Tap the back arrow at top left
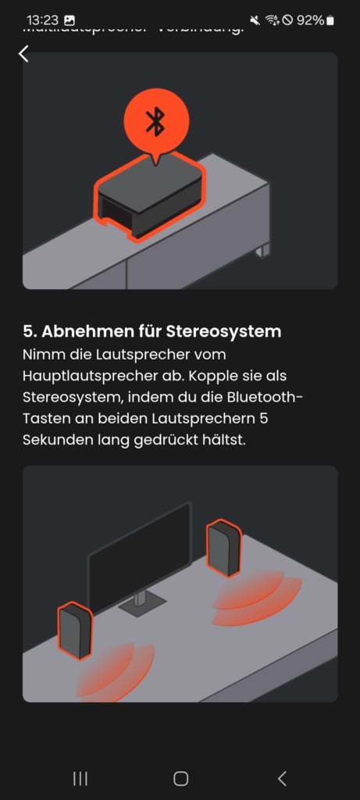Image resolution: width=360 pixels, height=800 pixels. (23, 53)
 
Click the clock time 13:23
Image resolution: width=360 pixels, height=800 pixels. (42, 20)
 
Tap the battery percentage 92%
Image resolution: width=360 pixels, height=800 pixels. (310, 20)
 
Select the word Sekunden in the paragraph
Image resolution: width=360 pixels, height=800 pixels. (53, 440)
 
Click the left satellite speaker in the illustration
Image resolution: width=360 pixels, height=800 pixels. (75, 630)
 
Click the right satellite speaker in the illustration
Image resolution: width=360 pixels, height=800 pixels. (223, 548)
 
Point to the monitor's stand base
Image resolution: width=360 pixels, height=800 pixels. (141, 603)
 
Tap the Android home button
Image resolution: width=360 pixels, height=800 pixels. (180, 778)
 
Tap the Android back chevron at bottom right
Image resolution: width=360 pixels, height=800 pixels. (282, 778)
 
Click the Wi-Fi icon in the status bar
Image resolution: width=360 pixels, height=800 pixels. (273, 20)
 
